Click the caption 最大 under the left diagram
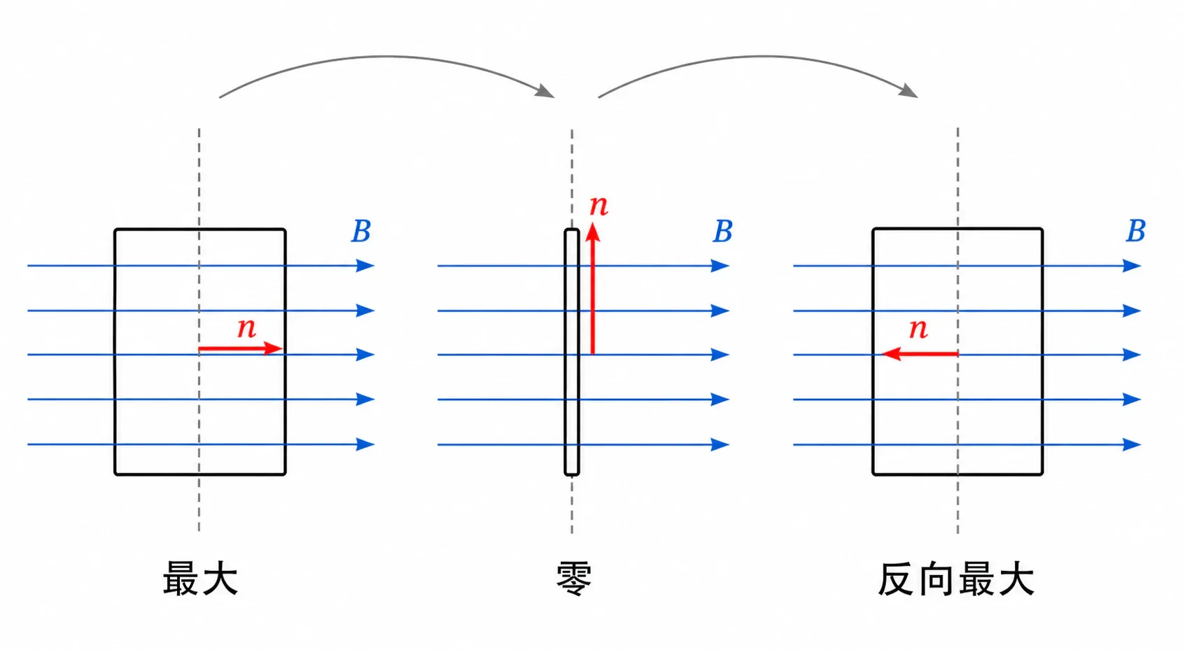pyautogui.click(x=200, y=579)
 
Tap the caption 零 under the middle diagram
pyautogui.click(x=573, y=579)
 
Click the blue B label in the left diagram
pyautogui.click(x=361, y=231)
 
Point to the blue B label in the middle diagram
pyautogui.click(x=722, y=231)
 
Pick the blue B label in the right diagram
pyautogui.click(x=1135, y=231)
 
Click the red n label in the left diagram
pyautogui.click(x=246, y=327)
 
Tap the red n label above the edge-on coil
pyautogui.click(x=599, y=205)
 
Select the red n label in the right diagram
pyautogui.click(x=918, y=328)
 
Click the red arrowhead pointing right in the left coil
pyautogui.click(x=272, y=348)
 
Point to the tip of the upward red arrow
pyautogui.click(x=593, y=223)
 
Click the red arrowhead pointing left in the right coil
pyautogui.click(x=892, y=353)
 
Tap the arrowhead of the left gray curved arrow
pyautogui.click(x=545, y=92)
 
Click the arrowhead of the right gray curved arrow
pyautogui.click(x=909, y=91)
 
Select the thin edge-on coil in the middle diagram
pyautogui.click(x=572, y=352)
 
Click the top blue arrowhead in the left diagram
pyautogui.click(x=365, y=265)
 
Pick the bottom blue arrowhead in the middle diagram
pyautogui.click(x=720, y=445)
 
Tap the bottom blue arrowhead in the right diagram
pyautogui.click(x=1132, y=445)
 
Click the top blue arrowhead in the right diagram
pyautogui.click(x=1132, y=265)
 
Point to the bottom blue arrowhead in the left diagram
pyautogui.click(x=365, y=444)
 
